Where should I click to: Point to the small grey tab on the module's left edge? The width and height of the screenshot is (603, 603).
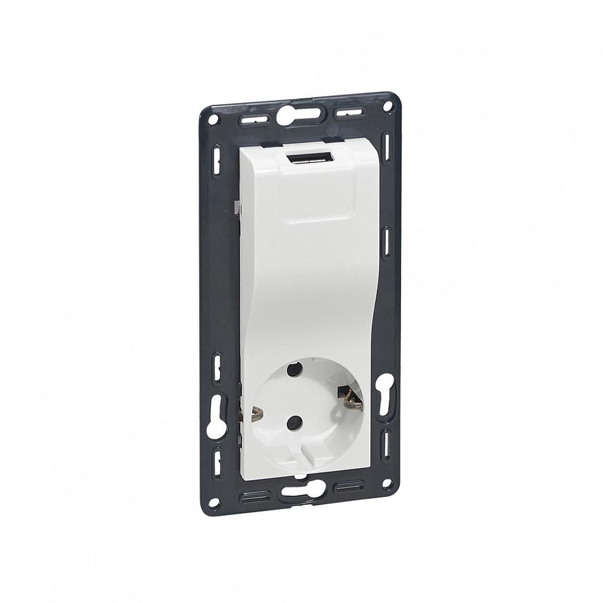pyautogui.click(x=236, y=207)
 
